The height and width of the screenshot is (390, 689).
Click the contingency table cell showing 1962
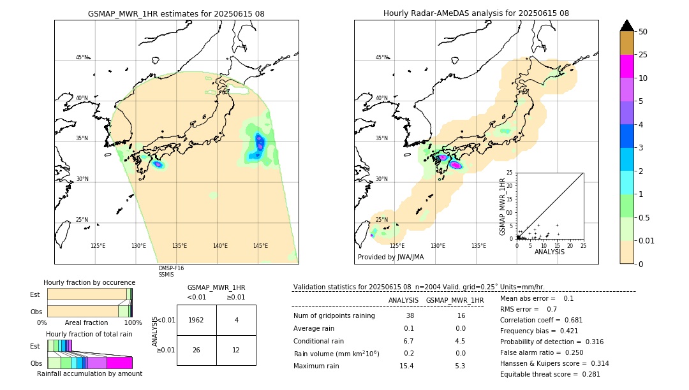coord(196,320)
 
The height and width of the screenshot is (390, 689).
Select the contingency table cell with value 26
coord(196,350)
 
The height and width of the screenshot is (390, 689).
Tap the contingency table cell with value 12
coord(236,350)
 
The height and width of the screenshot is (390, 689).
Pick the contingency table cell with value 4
coord(236,320)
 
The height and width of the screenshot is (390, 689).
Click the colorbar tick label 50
coord(643,32)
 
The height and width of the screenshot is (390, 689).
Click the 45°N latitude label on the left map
coord(82,57)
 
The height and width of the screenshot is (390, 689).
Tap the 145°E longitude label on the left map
coord(260,246)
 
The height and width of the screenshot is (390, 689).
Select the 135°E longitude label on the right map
coord(478,246)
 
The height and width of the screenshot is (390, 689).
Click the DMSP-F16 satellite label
coord(171,268)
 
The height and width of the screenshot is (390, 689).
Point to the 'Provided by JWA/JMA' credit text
coord(390,257)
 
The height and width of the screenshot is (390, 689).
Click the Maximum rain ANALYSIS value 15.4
coord(406,366)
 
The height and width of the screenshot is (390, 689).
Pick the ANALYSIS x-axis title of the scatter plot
coord(549,252)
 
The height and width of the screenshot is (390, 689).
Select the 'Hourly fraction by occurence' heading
coord(89,282)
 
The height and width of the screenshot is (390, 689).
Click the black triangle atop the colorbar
coord(627,25)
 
